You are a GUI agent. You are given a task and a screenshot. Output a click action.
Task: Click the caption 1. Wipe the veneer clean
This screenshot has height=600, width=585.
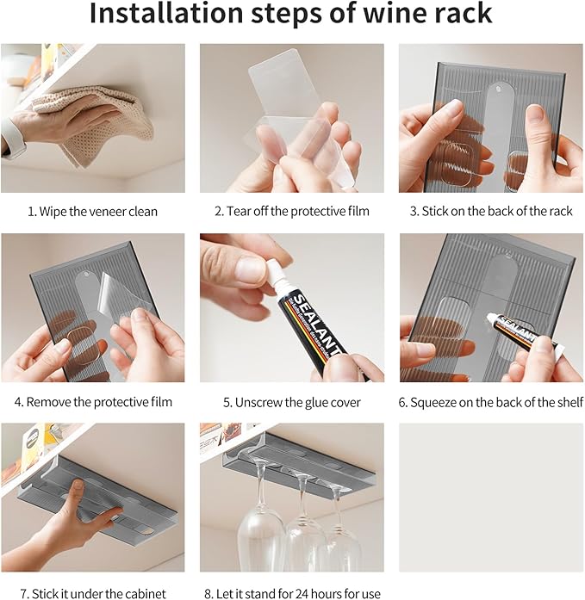point(92,212)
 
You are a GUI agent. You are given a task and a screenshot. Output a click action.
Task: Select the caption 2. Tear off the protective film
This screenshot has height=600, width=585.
point(292,212)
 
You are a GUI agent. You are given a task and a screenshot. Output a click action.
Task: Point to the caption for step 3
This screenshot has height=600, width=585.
point(490,212)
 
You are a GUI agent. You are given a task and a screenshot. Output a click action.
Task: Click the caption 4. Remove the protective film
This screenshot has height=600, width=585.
point(92,401)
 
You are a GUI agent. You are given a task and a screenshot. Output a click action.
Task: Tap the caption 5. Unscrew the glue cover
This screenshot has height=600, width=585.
point(292,401)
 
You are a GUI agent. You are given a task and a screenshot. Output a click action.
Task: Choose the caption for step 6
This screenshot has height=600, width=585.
point(490,401)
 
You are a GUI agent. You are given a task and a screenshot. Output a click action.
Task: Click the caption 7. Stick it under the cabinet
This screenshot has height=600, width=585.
point(92,592)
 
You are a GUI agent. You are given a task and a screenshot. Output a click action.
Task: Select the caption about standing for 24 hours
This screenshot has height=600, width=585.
point(292,592)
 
